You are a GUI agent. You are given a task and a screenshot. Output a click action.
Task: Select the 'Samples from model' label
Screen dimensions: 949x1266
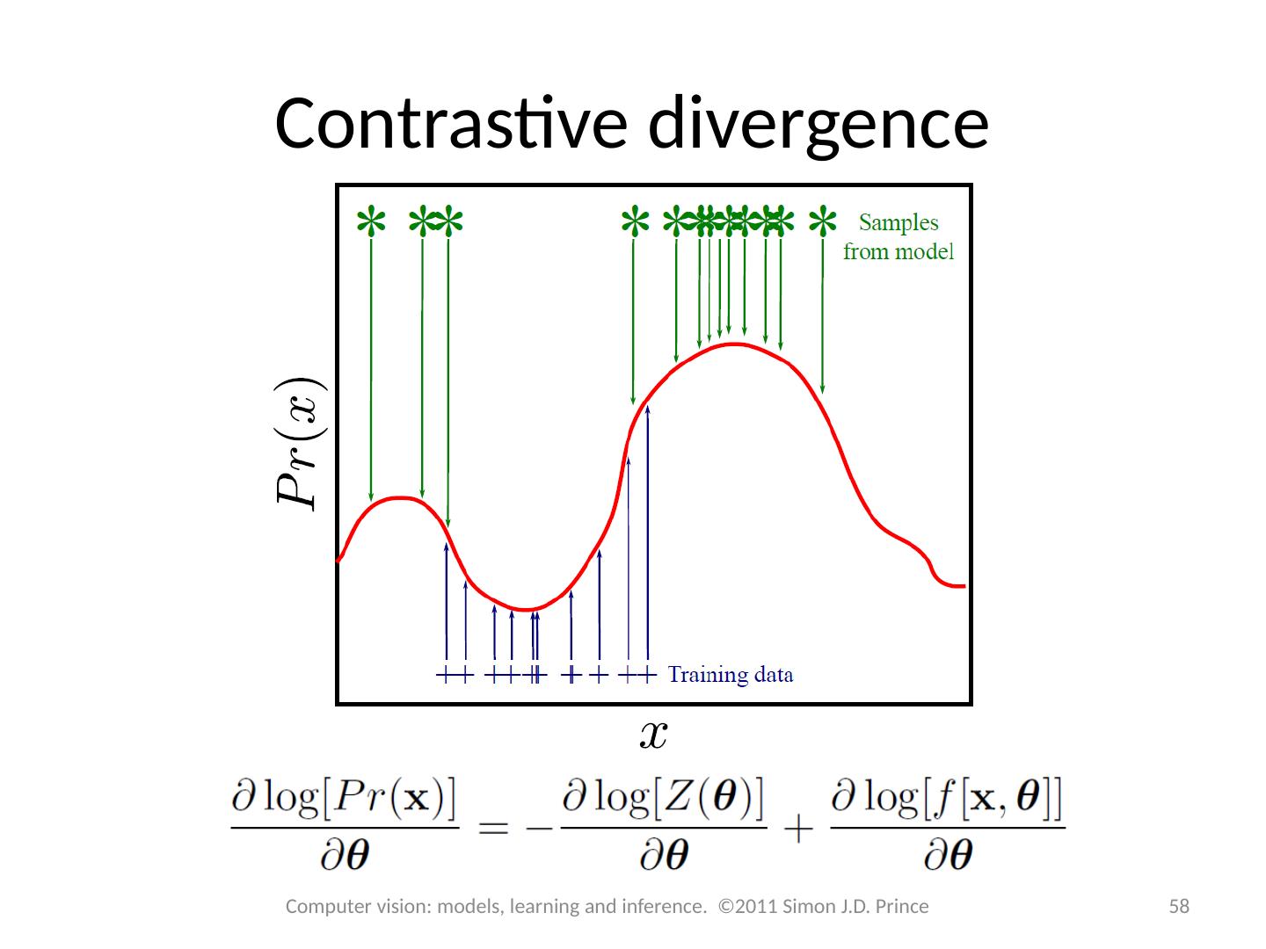898,237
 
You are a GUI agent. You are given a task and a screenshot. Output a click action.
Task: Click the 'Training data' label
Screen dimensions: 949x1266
731,675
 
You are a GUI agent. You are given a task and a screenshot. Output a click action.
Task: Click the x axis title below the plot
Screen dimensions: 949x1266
652,734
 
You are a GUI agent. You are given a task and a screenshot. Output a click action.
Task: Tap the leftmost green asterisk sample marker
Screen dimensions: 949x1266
371,221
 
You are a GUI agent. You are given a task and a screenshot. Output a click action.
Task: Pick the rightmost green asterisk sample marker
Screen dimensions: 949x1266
822,221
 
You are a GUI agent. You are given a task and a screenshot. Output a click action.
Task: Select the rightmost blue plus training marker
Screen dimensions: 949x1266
648,675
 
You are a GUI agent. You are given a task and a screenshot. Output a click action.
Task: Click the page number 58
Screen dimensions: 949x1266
1178,906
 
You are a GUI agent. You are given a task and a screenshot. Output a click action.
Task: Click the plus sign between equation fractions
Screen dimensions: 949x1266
799,828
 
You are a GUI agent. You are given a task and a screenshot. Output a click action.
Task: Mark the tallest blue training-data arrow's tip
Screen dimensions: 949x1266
647,407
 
